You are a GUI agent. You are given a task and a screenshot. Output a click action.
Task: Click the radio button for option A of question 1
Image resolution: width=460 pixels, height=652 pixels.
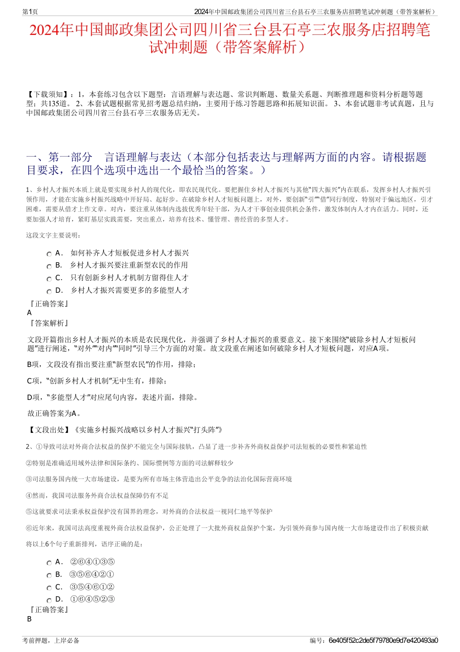pos(49,254)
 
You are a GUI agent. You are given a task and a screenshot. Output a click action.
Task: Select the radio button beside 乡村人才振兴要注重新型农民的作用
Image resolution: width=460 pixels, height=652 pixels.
pos(49,266)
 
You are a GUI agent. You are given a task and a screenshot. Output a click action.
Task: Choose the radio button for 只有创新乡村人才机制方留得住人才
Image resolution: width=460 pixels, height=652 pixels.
pos(49,279)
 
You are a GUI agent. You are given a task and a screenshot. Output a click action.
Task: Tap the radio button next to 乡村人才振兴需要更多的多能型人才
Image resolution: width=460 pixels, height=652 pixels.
pos(49,291)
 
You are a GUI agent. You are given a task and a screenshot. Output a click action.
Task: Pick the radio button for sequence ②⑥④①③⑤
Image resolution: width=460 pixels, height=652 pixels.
pos(49,563)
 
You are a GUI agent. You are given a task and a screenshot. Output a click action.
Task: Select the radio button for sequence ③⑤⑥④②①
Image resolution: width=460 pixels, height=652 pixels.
pos(49,575)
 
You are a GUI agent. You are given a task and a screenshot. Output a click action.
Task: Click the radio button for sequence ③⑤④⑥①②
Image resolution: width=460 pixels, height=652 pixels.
pos(49,588)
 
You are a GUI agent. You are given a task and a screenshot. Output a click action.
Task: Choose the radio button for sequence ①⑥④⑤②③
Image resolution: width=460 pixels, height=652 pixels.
pos(49,601)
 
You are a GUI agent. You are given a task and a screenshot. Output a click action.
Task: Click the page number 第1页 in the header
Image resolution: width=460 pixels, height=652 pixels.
pos(30,12)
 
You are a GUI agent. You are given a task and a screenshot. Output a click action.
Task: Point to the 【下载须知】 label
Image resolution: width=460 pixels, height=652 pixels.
pos(48,95)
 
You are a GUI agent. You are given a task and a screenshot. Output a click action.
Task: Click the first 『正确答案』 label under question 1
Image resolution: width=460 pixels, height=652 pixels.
pos(49,304)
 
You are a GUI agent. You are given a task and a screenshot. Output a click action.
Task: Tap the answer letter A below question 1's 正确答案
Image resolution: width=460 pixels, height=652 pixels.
pos(30,313)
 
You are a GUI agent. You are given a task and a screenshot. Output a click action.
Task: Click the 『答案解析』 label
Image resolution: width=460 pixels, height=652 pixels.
pos(49,323)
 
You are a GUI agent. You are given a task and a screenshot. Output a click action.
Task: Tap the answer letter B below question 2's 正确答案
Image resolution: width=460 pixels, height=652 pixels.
pos(30,619)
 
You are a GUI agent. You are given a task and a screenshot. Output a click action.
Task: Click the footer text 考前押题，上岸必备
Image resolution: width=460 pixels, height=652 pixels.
pos(51,640)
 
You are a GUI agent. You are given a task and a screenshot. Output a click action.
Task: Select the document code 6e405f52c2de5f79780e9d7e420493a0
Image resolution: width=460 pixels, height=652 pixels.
pos(383,640)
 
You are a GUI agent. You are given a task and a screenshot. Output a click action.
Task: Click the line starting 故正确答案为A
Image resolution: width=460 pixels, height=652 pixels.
pos(54,413)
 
